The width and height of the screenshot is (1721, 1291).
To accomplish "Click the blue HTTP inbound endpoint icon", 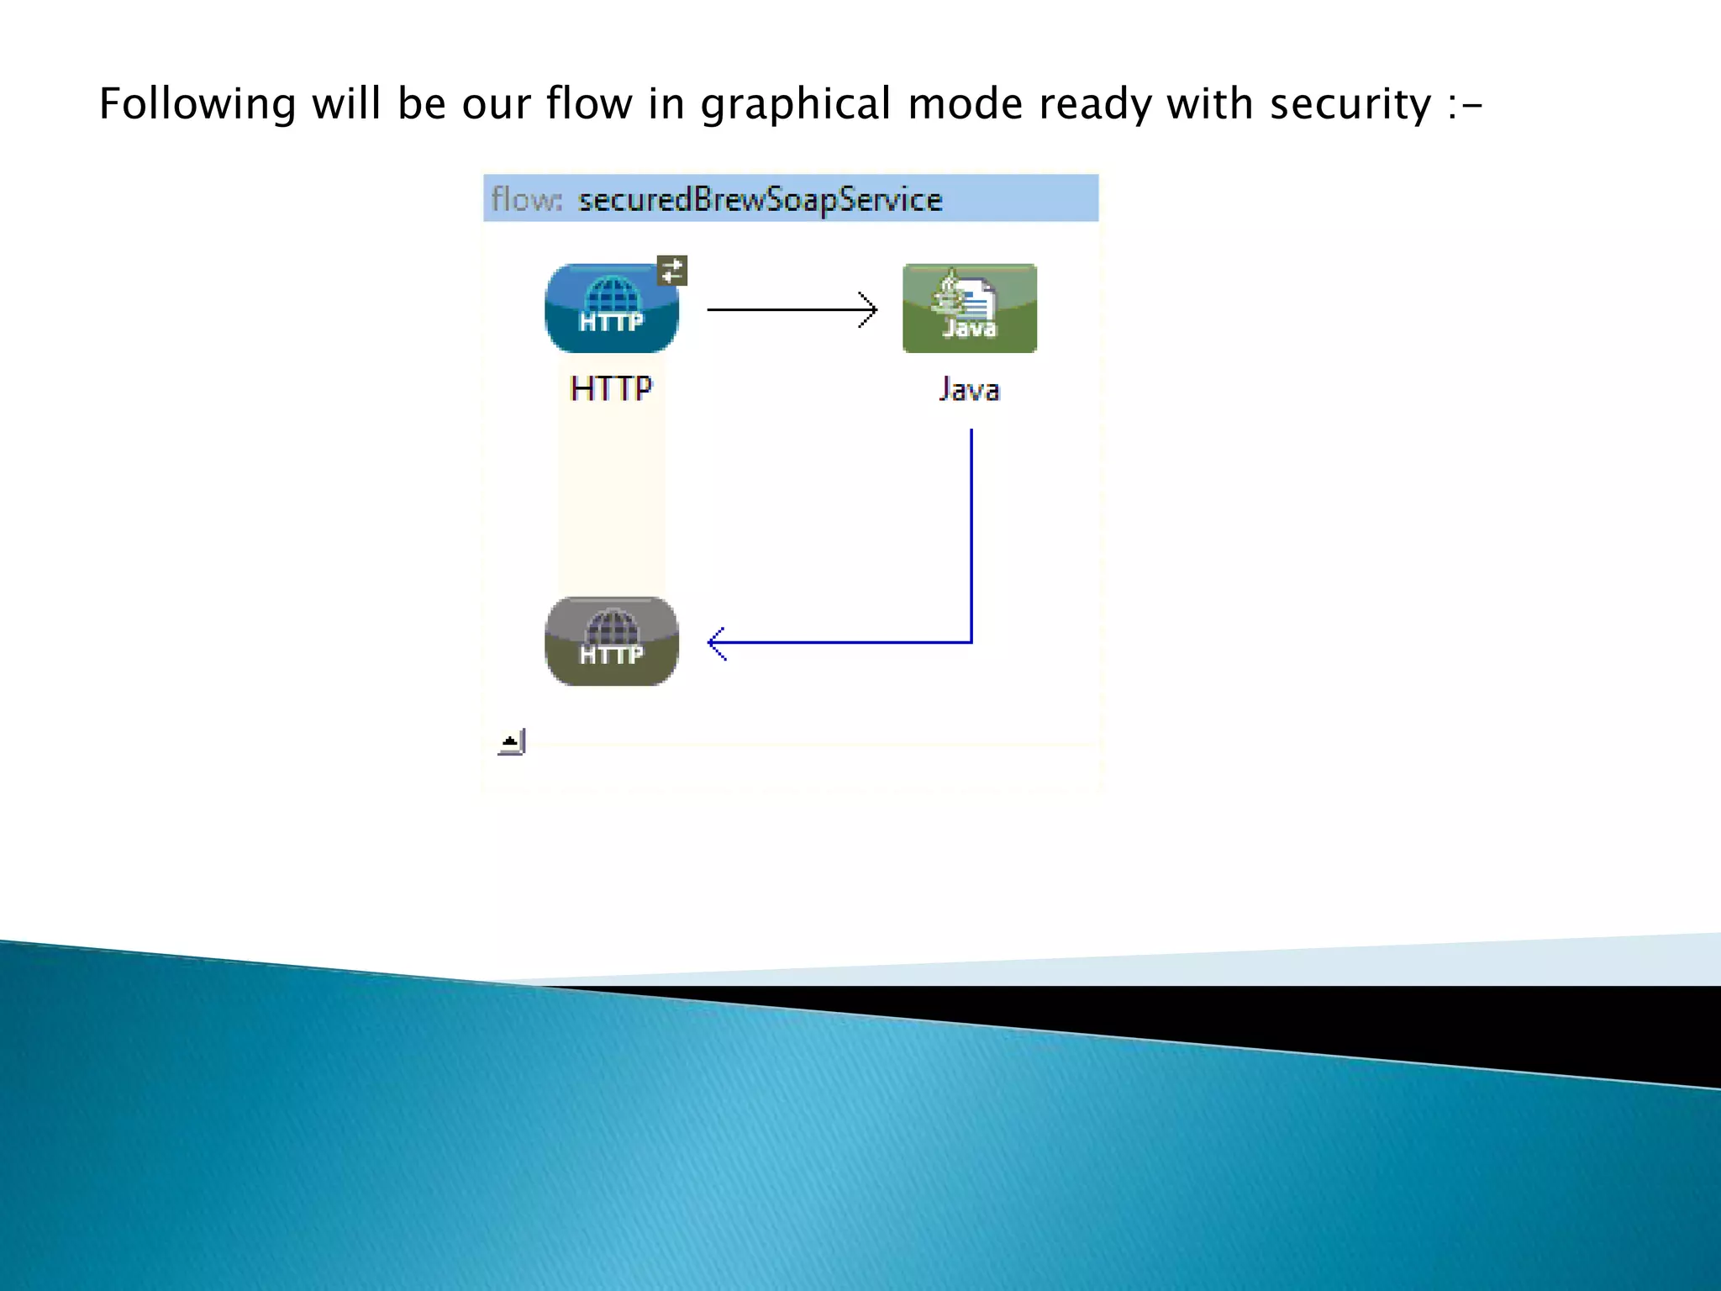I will [611, 308].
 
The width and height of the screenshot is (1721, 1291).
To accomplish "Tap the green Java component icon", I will [969, 308].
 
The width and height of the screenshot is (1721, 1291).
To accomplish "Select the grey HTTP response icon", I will [611, 641].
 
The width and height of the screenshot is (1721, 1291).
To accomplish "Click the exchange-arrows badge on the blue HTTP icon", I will [672, 271].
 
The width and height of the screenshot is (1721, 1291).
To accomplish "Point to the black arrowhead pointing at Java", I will [871, 309].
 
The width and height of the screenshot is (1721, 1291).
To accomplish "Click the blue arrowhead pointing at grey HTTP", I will [715, 643].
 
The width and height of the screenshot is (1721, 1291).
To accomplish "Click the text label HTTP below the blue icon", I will [611, 389].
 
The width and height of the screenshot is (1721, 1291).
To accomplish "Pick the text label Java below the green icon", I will [969, 390].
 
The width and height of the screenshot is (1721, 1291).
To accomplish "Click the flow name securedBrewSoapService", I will [760, 200].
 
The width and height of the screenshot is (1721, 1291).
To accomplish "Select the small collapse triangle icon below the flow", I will [511, 742].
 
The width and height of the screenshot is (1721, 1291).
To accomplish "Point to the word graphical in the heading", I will [795, 104].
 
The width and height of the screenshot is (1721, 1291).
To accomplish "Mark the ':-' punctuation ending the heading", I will [1465, 106].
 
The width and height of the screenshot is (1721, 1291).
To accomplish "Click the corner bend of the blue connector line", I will [971, 642].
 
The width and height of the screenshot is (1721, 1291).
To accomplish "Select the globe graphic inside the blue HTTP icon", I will [612, 294].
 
